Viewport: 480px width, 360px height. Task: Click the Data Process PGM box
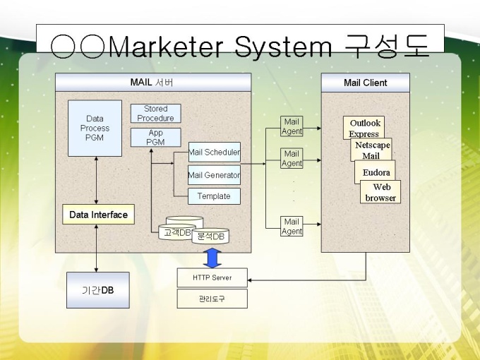click(95, 128)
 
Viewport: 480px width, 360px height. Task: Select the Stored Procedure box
click(155, 113)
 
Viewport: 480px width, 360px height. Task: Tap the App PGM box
click(155, 137)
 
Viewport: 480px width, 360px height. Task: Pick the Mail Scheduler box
click(214, 152)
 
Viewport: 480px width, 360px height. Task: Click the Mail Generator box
click(214, 174)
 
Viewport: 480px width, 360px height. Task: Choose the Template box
click(214, 196)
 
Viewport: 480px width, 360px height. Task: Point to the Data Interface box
click(98, 215)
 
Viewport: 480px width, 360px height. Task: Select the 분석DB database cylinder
click(210, 236)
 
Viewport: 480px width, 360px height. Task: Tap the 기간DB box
click(97, 290)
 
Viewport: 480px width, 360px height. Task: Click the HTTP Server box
click(212, 277)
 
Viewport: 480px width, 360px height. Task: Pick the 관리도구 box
click(212, 299)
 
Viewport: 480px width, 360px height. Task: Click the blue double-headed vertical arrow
click(212, 258)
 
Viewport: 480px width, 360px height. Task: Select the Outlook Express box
click(364, 127)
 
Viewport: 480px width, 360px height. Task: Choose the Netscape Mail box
click(372, 150)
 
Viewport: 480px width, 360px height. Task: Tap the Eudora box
click(376, 172)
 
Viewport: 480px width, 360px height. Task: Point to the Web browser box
click(381, 192)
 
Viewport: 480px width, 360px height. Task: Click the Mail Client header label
click(365, 83)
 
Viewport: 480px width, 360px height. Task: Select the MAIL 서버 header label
click(152, 83)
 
